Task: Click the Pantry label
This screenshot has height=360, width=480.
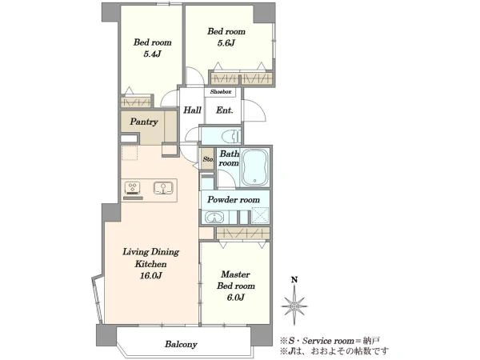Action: (x=144, y=122)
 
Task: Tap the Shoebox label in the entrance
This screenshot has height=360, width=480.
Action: (x=221, y=91)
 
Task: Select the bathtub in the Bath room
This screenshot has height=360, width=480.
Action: (x=255, y=167)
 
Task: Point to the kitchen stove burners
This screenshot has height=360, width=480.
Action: (x=133, y=188)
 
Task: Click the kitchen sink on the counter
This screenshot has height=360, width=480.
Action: (x=163, y=188)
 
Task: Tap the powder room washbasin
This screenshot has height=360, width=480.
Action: (x=214, y=218)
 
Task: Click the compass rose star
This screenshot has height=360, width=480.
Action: (x=294, y=306)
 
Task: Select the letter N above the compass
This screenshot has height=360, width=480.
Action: (x=294, y=279)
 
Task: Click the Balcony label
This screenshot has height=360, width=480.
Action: (x=181, y=344)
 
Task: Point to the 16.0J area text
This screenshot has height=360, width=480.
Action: (x=150, y=275)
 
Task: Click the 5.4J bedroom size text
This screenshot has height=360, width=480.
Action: (x=152, y=54)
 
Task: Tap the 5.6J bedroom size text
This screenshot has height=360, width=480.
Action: (x=226, y=43)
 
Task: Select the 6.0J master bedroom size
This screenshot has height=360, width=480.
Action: (x=235, y=298)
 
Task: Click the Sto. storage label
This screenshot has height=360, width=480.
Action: (x=208, y=159)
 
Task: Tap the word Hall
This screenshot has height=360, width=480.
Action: (x=192, y=110)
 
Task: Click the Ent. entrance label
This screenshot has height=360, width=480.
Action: (x=224, y=110)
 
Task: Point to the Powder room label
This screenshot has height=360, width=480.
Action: (x=234, y=200)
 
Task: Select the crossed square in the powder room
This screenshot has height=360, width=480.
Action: (x=260, y=215)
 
